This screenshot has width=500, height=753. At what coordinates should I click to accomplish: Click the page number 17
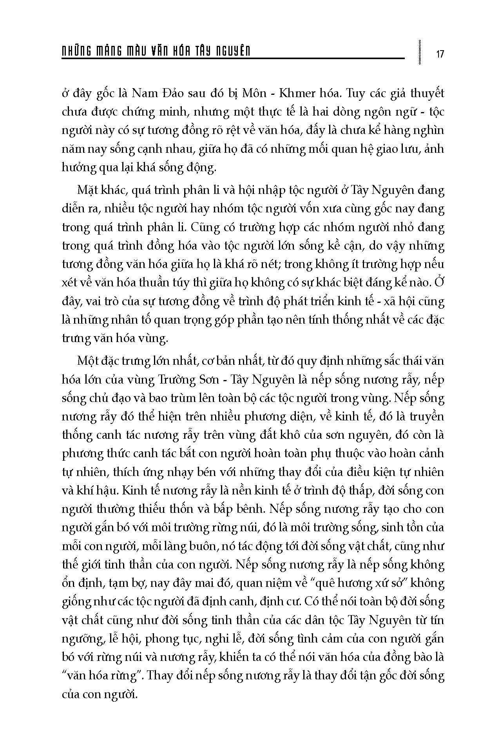440,54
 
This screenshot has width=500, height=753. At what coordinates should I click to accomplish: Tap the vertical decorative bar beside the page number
420,51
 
